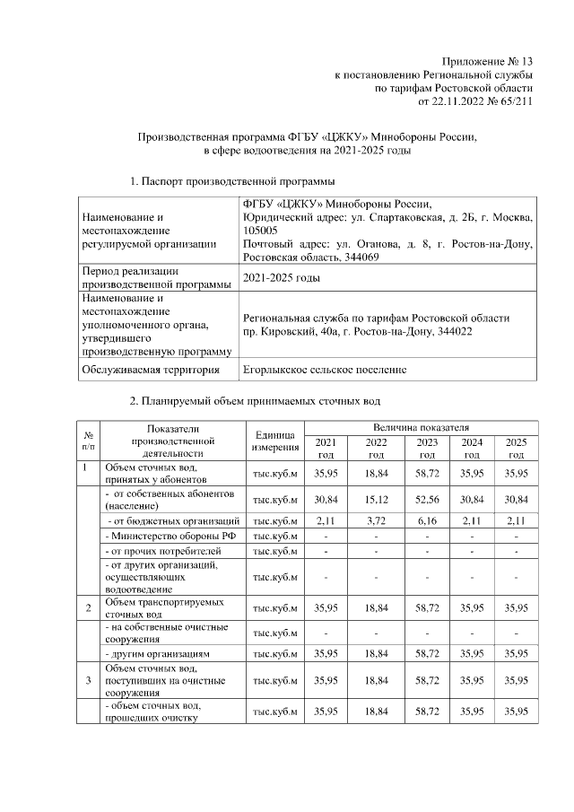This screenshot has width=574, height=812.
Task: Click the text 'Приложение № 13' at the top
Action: [488, 58]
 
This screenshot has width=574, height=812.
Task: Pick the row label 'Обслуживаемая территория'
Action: [150, 369]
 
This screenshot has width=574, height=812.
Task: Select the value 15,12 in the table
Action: [375, 500]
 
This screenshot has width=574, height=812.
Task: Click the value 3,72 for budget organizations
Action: [375, 520]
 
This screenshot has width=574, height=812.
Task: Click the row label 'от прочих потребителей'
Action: [162, 550]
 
